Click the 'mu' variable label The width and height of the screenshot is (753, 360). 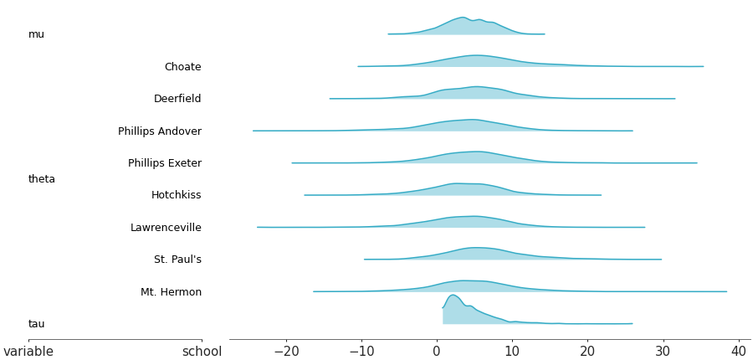click(x=36, y=34)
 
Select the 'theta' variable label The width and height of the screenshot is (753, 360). click(x=42, y=179)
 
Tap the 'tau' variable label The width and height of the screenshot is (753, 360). click(x=37, y=324)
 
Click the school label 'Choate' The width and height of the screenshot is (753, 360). click(x=182, y=67)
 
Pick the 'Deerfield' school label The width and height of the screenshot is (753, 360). click(x=177, y=99)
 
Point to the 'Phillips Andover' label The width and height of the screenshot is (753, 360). click(x=160, y=131)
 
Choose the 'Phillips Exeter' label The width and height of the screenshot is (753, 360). click(x=165, y=163)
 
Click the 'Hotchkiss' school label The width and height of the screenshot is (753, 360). click(x=176, y=195)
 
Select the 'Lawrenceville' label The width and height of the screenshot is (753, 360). click(x=166, y=228)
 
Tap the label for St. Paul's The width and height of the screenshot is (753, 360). click(x=177, y=260)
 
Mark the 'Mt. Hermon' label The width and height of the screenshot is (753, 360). click(x=171, y=292)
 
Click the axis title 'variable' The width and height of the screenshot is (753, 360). click(x=28, y=352)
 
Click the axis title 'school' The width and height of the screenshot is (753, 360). click(x=202, y=352)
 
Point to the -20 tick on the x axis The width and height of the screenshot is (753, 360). click(x=285, y=352)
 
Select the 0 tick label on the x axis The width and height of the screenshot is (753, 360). click(x=437, y=352)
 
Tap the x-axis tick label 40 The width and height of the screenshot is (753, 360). click(x=739, y=352)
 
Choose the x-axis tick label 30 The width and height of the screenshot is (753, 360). click(x=663, y=352)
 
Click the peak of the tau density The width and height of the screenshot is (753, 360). click(x=453, y=296)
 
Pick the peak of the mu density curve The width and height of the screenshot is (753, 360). click(x=462, y=18)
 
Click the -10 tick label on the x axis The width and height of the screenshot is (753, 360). click(x=361, y=352)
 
